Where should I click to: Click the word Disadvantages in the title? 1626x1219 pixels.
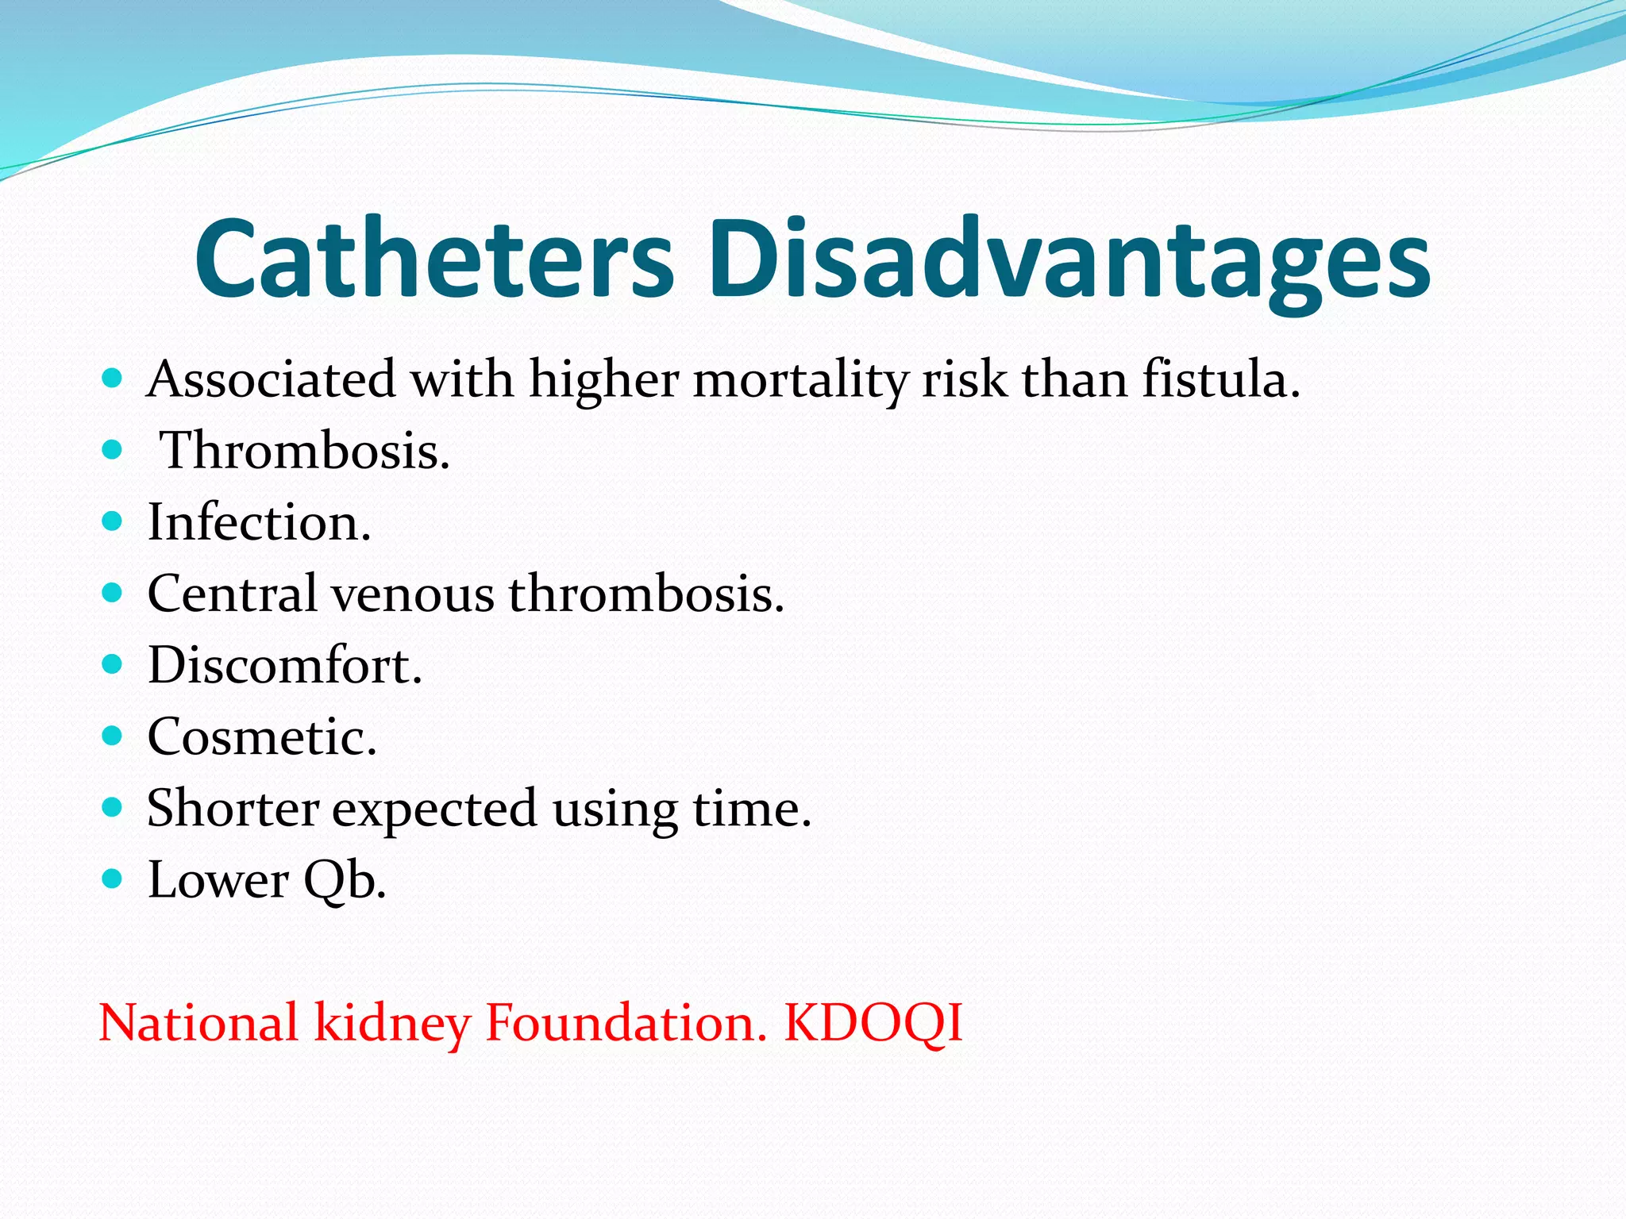[1069, 259]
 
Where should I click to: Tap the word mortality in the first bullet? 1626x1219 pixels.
[800, 379]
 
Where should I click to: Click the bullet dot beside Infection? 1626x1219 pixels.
[112, 521]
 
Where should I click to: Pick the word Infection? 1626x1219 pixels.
[259, 523]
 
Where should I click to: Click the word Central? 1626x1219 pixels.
[232, 594]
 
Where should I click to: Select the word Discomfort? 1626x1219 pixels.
[284, 665]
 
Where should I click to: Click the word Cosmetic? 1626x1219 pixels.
[261, 737]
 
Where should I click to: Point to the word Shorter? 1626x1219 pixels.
[233, 809]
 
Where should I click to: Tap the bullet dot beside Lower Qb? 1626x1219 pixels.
[112, 879]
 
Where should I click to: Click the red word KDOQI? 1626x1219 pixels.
[873, 1023]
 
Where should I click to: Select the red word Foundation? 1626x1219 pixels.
[626, 1023]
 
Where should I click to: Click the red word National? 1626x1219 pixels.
[198, 1023]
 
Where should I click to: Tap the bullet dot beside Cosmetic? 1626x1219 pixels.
[112, 736]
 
